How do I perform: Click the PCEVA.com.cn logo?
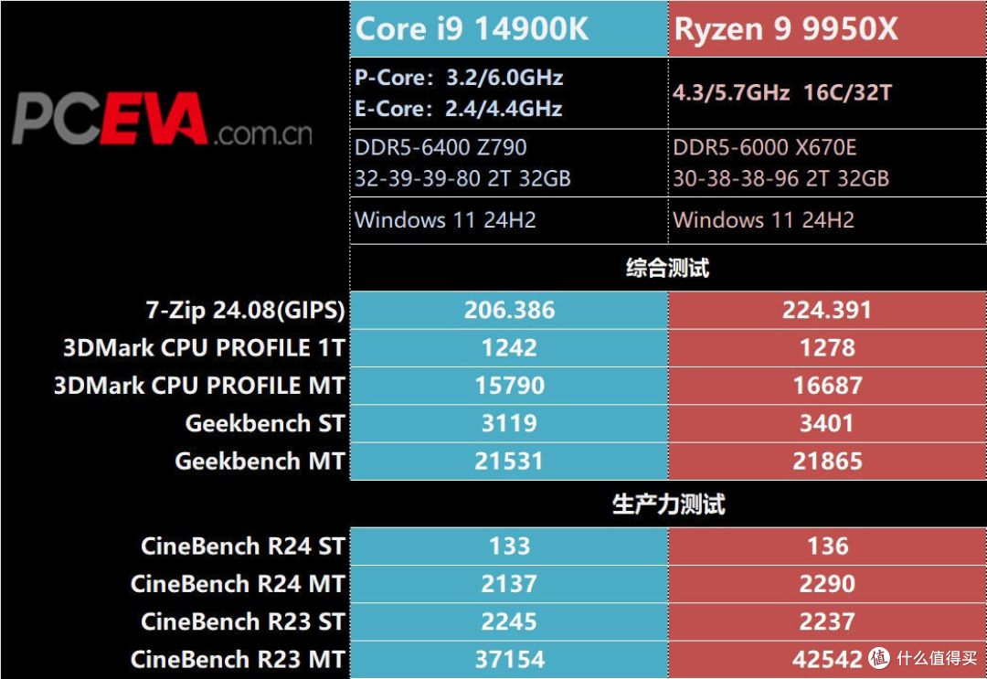(x=163, y=119)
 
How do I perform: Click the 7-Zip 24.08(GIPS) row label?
(x=246, y=310)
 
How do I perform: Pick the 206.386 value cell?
(x=509, y=310)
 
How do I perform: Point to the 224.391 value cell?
(x=827, y=310)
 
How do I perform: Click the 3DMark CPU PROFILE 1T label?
(x=205, y=348)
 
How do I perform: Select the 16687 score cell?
(x=827, y=386)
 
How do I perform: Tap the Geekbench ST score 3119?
(x=509, y=423)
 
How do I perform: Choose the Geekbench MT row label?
(x=260, y=462)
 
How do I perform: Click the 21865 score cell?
(x=827, y=462)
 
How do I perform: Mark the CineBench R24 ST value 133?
(x=509, y=546)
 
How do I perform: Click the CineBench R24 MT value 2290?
(x=827, y=584)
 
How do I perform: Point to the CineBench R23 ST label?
(x=243, y=621)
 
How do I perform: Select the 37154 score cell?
(x=509, y=660)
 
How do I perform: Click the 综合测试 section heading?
(x=667, y=268)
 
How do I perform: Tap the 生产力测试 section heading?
(x=668, y=504)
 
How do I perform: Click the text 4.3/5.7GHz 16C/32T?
(x=782, y=93)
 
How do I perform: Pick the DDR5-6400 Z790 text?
(x=440, y=147)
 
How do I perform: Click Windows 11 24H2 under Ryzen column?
(x=763, y=220)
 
